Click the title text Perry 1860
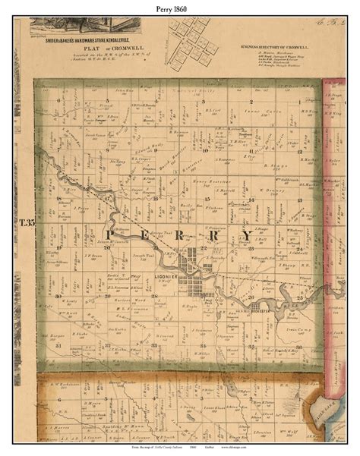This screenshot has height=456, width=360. point(180,6)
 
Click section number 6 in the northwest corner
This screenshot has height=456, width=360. point(58,100)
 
